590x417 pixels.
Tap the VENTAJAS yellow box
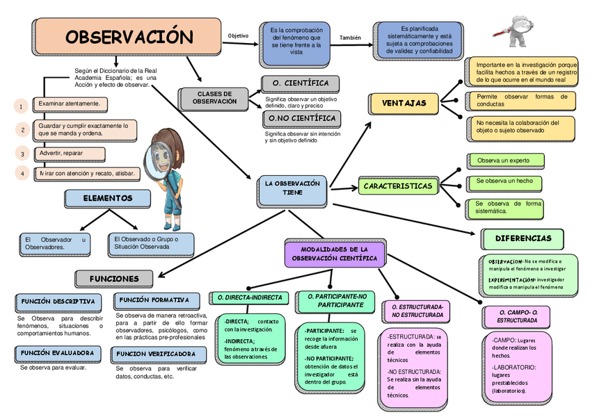click(x=404, y=104)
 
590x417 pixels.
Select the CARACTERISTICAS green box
click(x=397, y=186)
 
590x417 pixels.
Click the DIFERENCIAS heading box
click(x=523, y=238)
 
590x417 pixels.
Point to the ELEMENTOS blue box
click(x=107, y=199)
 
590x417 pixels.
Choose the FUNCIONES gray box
click(x=114, y=279)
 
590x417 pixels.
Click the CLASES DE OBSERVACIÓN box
click(x=214, y=97)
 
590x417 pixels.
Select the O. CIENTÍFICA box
click(x=300, y=84)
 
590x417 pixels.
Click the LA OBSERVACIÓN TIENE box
click(x=292, y=188)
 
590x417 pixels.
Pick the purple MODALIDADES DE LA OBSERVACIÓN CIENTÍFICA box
click(x=334, y=254)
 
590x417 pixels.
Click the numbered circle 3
click(x=22, y=154)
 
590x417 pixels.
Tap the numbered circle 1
click(x=22, y=106)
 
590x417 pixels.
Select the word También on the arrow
click(x=350, y=38)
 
